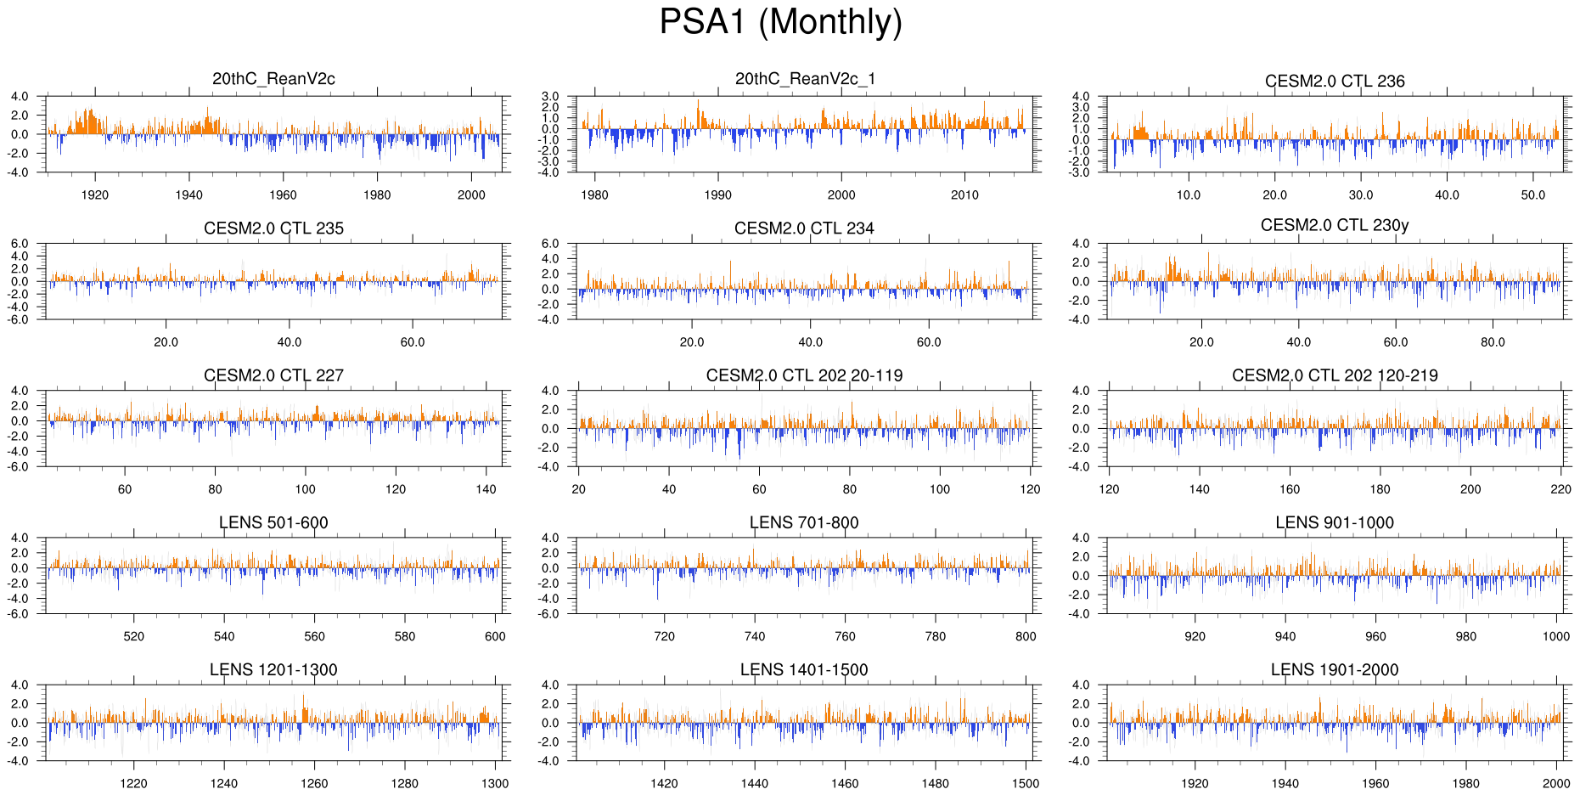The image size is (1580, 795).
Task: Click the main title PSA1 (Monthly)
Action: tap(780, 22)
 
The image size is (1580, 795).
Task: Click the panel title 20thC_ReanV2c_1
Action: tap(805, 79)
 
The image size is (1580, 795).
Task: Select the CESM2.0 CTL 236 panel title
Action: tap(1335, 82)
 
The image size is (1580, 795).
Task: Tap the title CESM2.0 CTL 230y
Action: tap(1335, 225)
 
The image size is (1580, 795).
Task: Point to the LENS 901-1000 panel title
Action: tap(1335, 522)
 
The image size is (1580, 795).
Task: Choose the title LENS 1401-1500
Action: tap(804, 670)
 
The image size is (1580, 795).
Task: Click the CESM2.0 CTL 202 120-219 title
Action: tap(1335, 375)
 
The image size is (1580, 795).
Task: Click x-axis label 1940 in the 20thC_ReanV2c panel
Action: tap(189, 195)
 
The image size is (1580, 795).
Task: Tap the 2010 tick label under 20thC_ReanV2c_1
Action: tap(964, 195)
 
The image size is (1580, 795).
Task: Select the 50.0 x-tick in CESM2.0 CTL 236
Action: tap(1533, 195)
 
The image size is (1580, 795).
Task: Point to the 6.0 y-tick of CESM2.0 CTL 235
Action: tap(20, 244)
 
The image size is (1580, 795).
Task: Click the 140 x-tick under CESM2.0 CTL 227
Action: tap(486, 489)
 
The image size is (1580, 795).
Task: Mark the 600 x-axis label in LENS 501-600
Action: tap(495, 636)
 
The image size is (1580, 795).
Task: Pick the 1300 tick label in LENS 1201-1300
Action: tap(495, 784)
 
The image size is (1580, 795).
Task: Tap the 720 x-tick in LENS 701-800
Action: tap(664, 636)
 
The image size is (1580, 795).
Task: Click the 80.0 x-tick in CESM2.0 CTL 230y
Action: tap(1493, 342)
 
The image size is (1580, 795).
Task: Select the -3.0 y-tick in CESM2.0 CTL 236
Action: tap(1080, 172)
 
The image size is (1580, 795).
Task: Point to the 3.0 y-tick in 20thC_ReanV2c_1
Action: tap(550, 97)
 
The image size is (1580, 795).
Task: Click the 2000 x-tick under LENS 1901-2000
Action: tap(1556, 784)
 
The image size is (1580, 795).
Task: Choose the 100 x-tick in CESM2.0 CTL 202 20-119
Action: tap(940, 489)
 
